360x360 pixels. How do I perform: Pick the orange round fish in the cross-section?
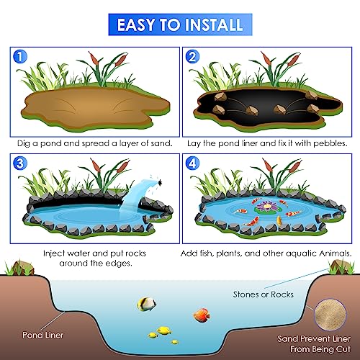[x=201, y=314]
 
